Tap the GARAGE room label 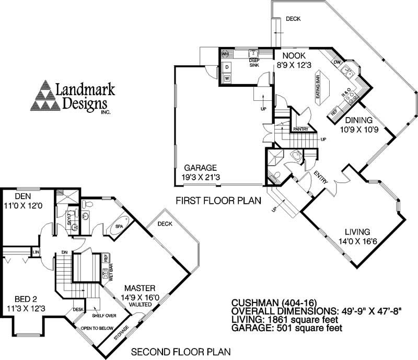click(x=199, y=168)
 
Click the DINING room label click(x=358, y=120)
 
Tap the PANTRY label click(x=300, y=129)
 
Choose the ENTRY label click(x=321, y=179)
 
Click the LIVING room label click(x=357, y=232)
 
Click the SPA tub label click(x=120, y=226)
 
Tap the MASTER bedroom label click(x=139, y=288)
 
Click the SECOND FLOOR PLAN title click(x=180, y=352)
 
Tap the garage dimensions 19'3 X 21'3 click(x=200, y=177)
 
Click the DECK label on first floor click(x=294, y=19)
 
